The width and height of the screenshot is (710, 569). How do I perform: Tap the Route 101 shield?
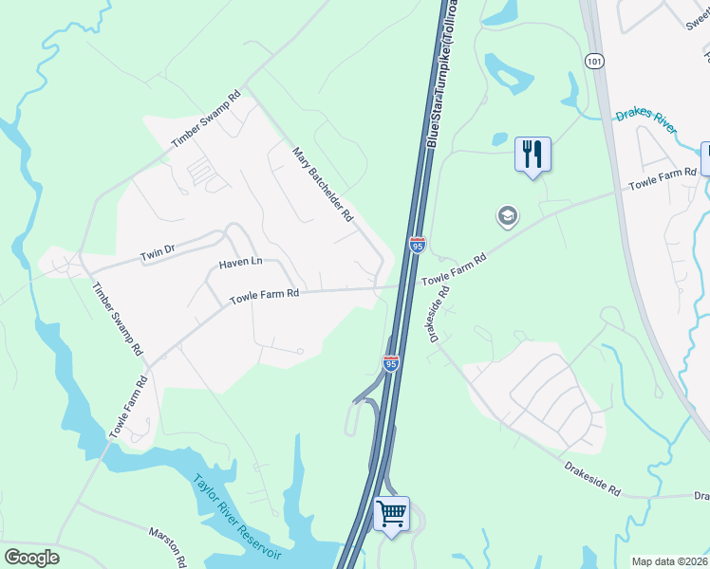594,61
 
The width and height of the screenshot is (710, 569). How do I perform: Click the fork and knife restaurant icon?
532,154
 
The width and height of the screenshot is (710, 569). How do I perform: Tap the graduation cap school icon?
507,217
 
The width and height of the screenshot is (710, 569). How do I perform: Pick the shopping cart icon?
391,514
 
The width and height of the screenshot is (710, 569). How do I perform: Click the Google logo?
31,558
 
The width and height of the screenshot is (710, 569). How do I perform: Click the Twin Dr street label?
159,253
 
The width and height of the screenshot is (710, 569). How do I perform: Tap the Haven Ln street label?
239,263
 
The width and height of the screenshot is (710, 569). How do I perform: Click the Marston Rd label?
168,547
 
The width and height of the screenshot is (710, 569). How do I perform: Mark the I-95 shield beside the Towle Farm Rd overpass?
417,245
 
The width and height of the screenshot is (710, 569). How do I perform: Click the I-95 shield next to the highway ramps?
390,362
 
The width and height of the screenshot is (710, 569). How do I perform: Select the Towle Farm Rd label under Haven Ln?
265,294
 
